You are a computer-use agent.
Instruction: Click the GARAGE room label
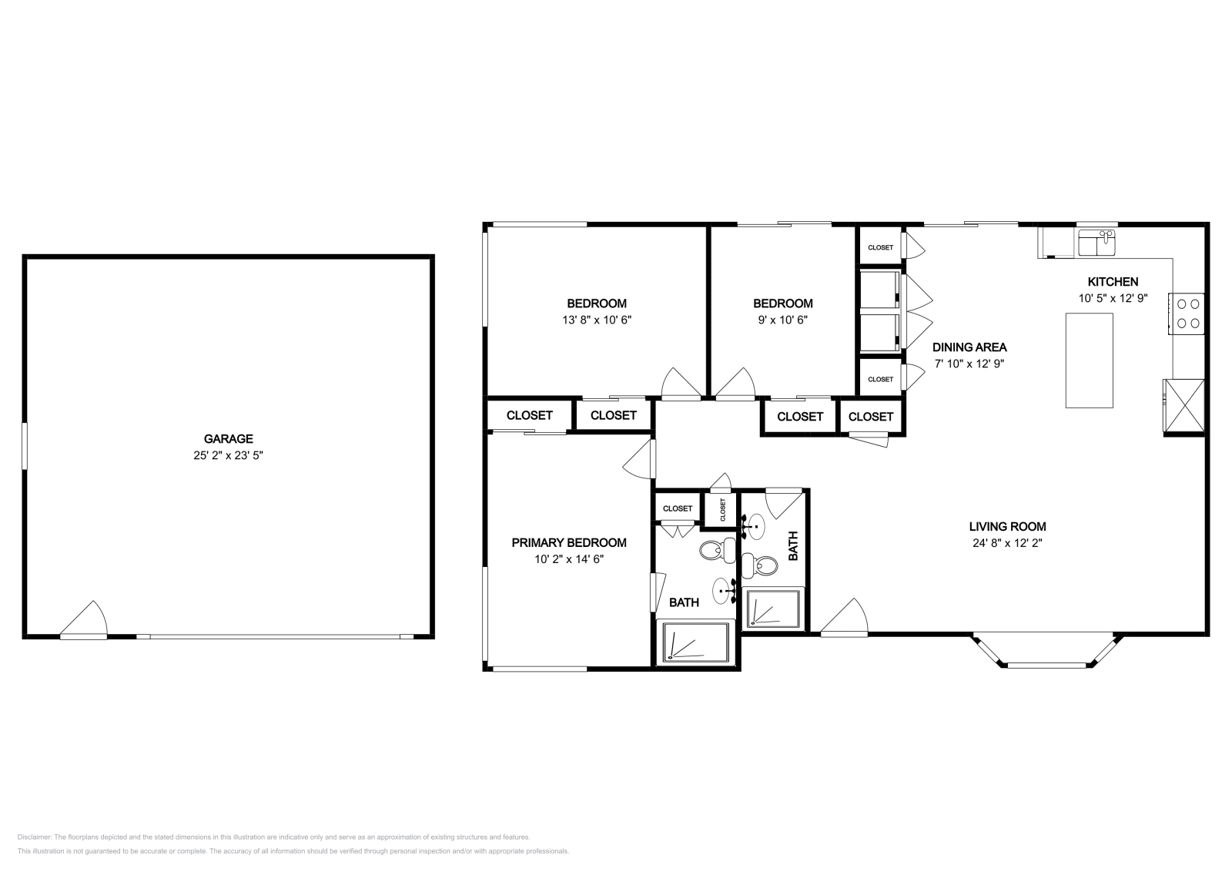(228, 438)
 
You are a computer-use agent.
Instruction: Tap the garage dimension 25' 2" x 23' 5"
(228, 455)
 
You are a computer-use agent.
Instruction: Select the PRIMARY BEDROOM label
(569, 542)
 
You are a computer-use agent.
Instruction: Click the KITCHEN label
(1113, 282)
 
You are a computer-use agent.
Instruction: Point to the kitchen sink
(1096, 243)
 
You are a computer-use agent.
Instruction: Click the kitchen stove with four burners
(1187, 314)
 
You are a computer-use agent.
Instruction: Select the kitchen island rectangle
(1089, 361)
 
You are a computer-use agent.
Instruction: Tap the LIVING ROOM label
(1007, 526)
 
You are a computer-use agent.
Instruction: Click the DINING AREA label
(969, 347)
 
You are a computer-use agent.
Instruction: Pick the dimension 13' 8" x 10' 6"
(597, 320)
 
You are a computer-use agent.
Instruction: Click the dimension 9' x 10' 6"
(782, 320)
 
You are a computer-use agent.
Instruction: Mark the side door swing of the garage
(84, 620)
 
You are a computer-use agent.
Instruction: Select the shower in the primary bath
(696, 642)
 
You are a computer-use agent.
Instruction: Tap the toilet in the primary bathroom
(718, 550)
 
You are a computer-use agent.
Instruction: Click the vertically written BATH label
(792, 545)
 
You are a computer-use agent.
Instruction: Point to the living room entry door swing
(844, 617)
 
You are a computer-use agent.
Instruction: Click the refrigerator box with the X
(1183, 405)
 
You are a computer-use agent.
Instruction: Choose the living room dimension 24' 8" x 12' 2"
(1007, 543)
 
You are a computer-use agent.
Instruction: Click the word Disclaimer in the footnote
(34, 837)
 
